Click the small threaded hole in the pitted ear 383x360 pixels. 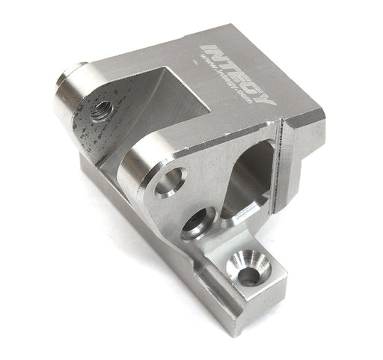click(100, 112)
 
